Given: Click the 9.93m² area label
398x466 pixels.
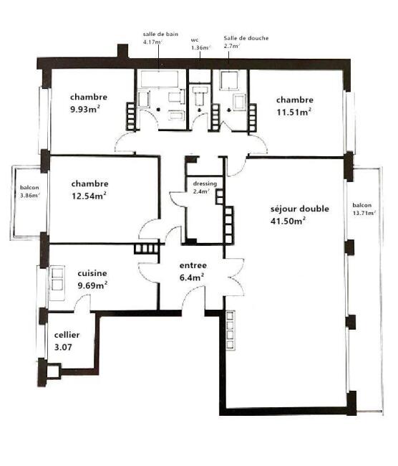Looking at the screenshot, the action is point(84,109).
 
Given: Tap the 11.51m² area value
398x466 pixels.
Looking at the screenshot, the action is point(293,112).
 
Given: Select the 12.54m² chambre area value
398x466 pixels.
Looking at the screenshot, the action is point(89,196).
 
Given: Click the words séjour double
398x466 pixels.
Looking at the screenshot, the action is point(300,209).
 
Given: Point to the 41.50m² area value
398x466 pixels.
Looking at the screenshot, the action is point(288,221).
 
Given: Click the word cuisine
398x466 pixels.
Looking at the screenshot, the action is point(92,273).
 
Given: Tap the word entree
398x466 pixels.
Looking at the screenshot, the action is point(193,265).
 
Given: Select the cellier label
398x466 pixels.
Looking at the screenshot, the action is point(67,335).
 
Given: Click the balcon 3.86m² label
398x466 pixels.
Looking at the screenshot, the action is point(29,191).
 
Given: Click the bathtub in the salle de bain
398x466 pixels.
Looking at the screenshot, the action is point(160,79).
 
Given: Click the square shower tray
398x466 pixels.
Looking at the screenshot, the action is point(229,80).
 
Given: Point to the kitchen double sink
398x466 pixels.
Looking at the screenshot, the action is point(57,282).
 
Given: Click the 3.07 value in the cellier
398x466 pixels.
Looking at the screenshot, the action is point(63,347).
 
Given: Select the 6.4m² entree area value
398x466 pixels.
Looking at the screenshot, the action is point(192,277).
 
